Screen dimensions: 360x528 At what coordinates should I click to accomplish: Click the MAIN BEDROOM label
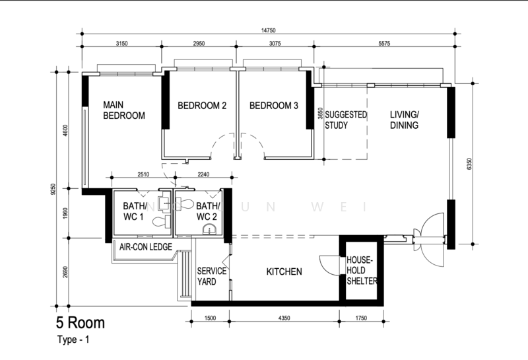pos(123,110)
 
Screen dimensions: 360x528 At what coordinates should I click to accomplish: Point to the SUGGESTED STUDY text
pos(346,120)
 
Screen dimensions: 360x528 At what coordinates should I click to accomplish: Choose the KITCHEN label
pos(284,272)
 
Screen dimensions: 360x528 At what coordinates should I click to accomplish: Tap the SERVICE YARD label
pos(211,277)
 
